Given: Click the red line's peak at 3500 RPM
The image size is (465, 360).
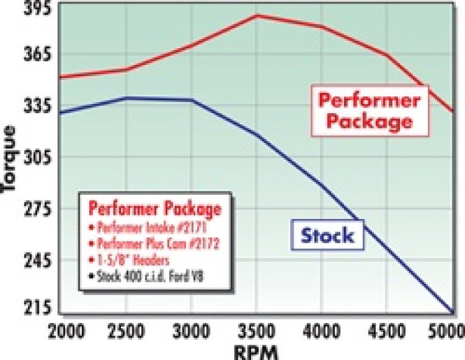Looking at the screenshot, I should tap(257, 15).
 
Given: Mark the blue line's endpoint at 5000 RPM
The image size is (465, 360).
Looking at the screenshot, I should tap(453, 312).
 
